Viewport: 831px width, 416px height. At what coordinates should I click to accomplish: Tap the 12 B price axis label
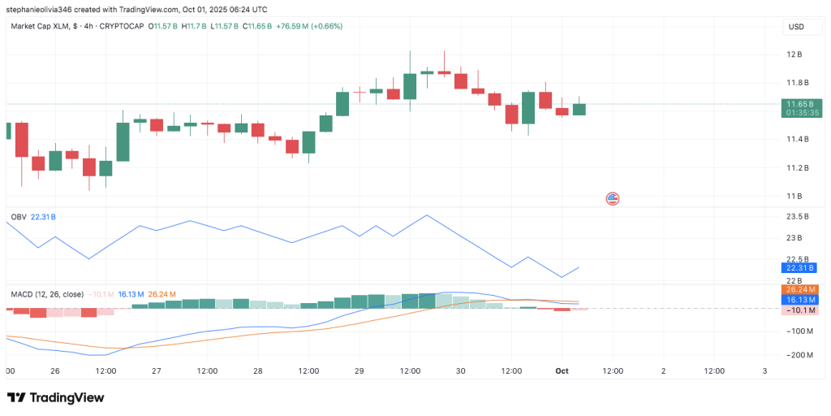pos(794,54)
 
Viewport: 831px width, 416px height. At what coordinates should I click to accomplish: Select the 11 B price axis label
pos(794,196)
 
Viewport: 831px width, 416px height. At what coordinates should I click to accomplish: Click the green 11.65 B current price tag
pos(799,104)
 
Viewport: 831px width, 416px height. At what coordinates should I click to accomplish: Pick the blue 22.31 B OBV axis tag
pos(799,267)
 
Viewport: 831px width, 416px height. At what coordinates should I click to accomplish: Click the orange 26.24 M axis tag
pos(799,289)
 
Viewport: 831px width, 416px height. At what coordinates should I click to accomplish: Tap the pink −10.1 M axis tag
pos(799,310)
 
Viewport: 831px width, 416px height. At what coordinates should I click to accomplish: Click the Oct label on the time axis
pos(562,370)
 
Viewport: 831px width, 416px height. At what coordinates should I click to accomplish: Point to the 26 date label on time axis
pos(55,370)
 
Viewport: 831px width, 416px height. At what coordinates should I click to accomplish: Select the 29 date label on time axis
pos(359,370)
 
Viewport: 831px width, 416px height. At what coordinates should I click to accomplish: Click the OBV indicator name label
pos(19,217)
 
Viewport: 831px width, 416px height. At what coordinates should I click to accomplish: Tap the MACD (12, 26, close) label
pos(46,294)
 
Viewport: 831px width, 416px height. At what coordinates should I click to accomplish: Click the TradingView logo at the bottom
pos(56,397)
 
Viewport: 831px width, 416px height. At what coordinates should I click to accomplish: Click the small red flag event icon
pos(613,198)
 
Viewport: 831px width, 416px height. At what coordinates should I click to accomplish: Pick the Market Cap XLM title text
pos(40,26)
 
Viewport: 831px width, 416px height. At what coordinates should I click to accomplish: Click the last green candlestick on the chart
pos(579,109)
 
